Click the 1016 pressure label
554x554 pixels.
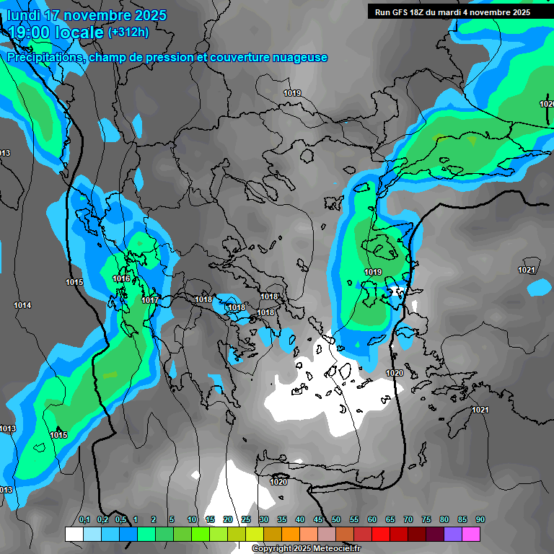[121, 279]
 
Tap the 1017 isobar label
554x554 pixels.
[150, 300]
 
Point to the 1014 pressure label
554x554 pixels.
[22, 306]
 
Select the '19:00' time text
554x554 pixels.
[27, 32]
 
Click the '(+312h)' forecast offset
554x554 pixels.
[128, 32]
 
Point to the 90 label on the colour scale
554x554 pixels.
[480, 520]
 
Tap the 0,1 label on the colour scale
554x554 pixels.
[84, 520]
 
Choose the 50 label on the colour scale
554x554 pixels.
[336, 520]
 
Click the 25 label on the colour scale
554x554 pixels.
[246, 520]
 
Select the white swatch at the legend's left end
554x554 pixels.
[74, 534]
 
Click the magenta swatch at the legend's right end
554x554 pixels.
[471, 534]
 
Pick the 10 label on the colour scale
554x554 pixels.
[192, 520]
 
